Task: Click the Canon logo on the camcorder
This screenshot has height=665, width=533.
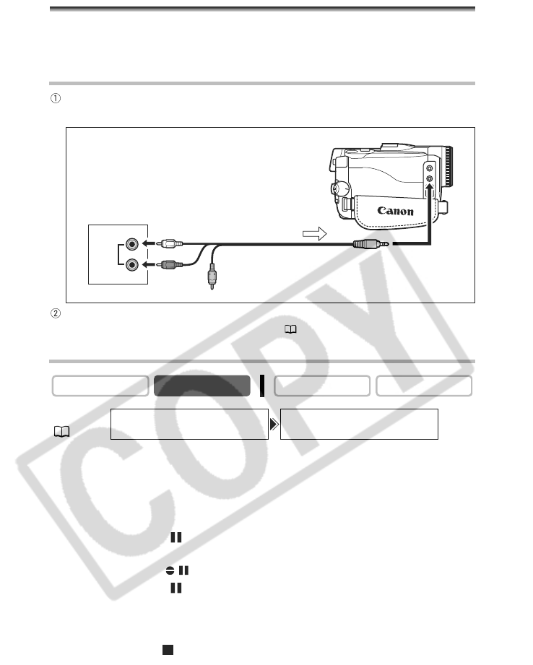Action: coord(395,211)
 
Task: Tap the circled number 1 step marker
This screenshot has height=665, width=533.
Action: coord(56,98)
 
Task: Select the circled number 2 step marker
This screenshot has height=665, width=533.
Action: coord(56,313)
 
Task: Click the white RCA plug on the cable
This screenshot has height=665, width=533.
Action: coord(170,243)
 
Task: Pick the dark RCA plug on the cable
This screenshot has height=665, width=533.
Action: coord(170,265)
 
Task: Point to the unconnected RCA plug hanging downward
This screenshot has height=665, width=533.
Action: coord(212,276)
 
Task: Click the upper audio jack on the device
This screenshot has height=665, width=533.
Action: coord(132,244)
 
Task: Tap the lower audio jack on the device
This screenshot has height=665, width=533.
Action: coord(132,265)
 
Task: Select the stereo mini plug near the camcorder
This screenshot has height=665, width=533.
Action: coord(370,244)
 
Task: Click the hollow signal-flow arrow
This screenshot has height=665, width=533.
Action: coord(314,234)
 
